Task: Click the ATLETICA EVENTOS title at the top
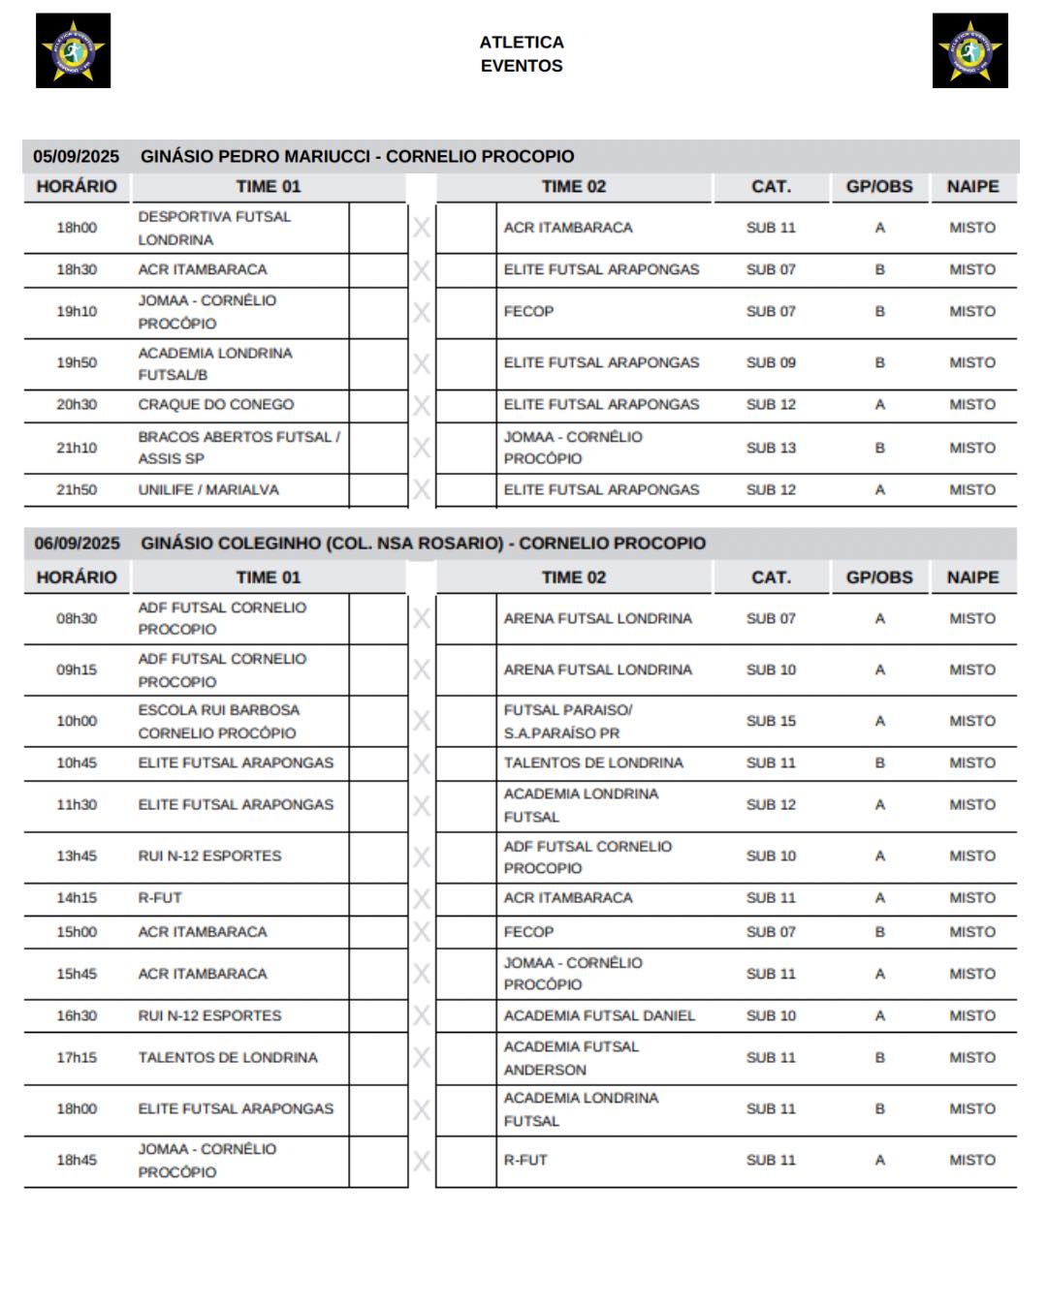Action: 522,54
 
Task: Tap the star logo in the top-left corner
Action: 73,50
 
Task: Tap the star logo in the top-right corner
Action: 969,50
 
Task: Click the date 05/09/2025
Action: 77,156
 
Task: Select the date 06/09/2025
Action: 78,544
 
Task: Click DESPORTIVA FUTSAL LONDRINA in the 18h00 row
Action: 214,229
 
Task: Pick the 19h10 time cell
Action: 77,312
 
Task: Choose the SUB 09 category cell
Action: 771,363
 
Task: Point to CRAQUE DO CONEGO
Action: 216,405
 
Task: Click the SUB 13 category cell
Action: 771,448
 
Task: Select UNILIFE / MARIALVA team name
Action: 208,490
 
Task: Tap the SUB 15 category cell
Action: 771,721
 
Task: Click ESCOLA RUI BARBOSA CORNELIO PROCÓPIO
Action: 218,722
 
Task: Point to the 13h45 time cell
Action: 77,856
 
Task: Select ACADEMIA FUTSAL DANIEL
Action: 599,1016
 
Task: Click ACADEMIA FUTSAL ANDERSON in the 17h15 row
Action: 571,1058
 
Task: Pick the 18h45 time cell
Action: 77,1161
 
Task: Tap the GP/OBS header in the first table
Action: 879,187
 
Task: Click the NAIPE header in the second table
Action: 972,577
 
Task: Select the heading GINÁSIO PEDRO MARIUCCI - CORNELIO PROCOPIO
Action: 357,156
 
